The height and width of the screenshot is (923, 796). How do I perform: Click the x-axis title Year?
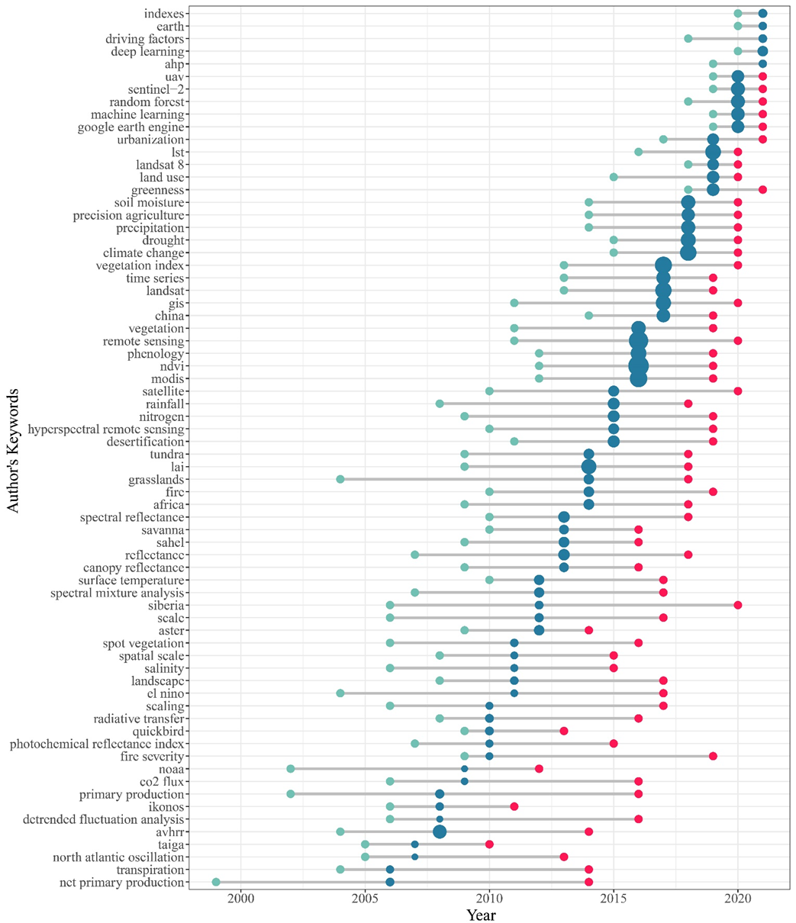482,914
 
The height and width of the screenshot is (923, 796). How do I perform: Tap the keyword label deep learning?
148,51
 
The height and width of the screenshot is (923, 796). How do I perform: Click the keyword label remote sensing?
144,341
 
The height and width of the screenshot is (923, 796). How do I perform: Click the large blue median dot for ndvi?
639,366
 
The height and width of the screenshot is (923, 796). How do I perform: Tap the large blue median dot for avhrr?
440,831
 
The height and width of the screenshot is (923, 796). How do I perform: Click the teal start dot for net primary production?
216,882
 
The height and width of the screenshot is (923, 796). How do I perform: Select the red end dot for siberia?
738,605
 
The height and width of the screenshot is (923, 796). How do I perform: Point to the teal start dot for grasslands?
340,479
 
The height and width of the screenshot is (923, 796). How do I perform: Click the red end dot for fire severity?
713,756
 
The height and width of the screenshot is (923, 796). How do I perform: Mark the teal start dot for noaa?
291,769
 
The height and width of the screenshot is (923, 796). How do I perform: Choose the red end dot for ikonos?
514,806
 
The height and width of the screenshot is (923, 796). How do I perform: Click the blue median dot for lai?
588,467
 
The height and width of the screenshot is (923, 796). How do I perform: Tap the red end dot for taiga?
489,844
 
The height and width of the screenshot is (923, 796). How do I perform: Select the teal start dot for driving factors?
688,38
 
